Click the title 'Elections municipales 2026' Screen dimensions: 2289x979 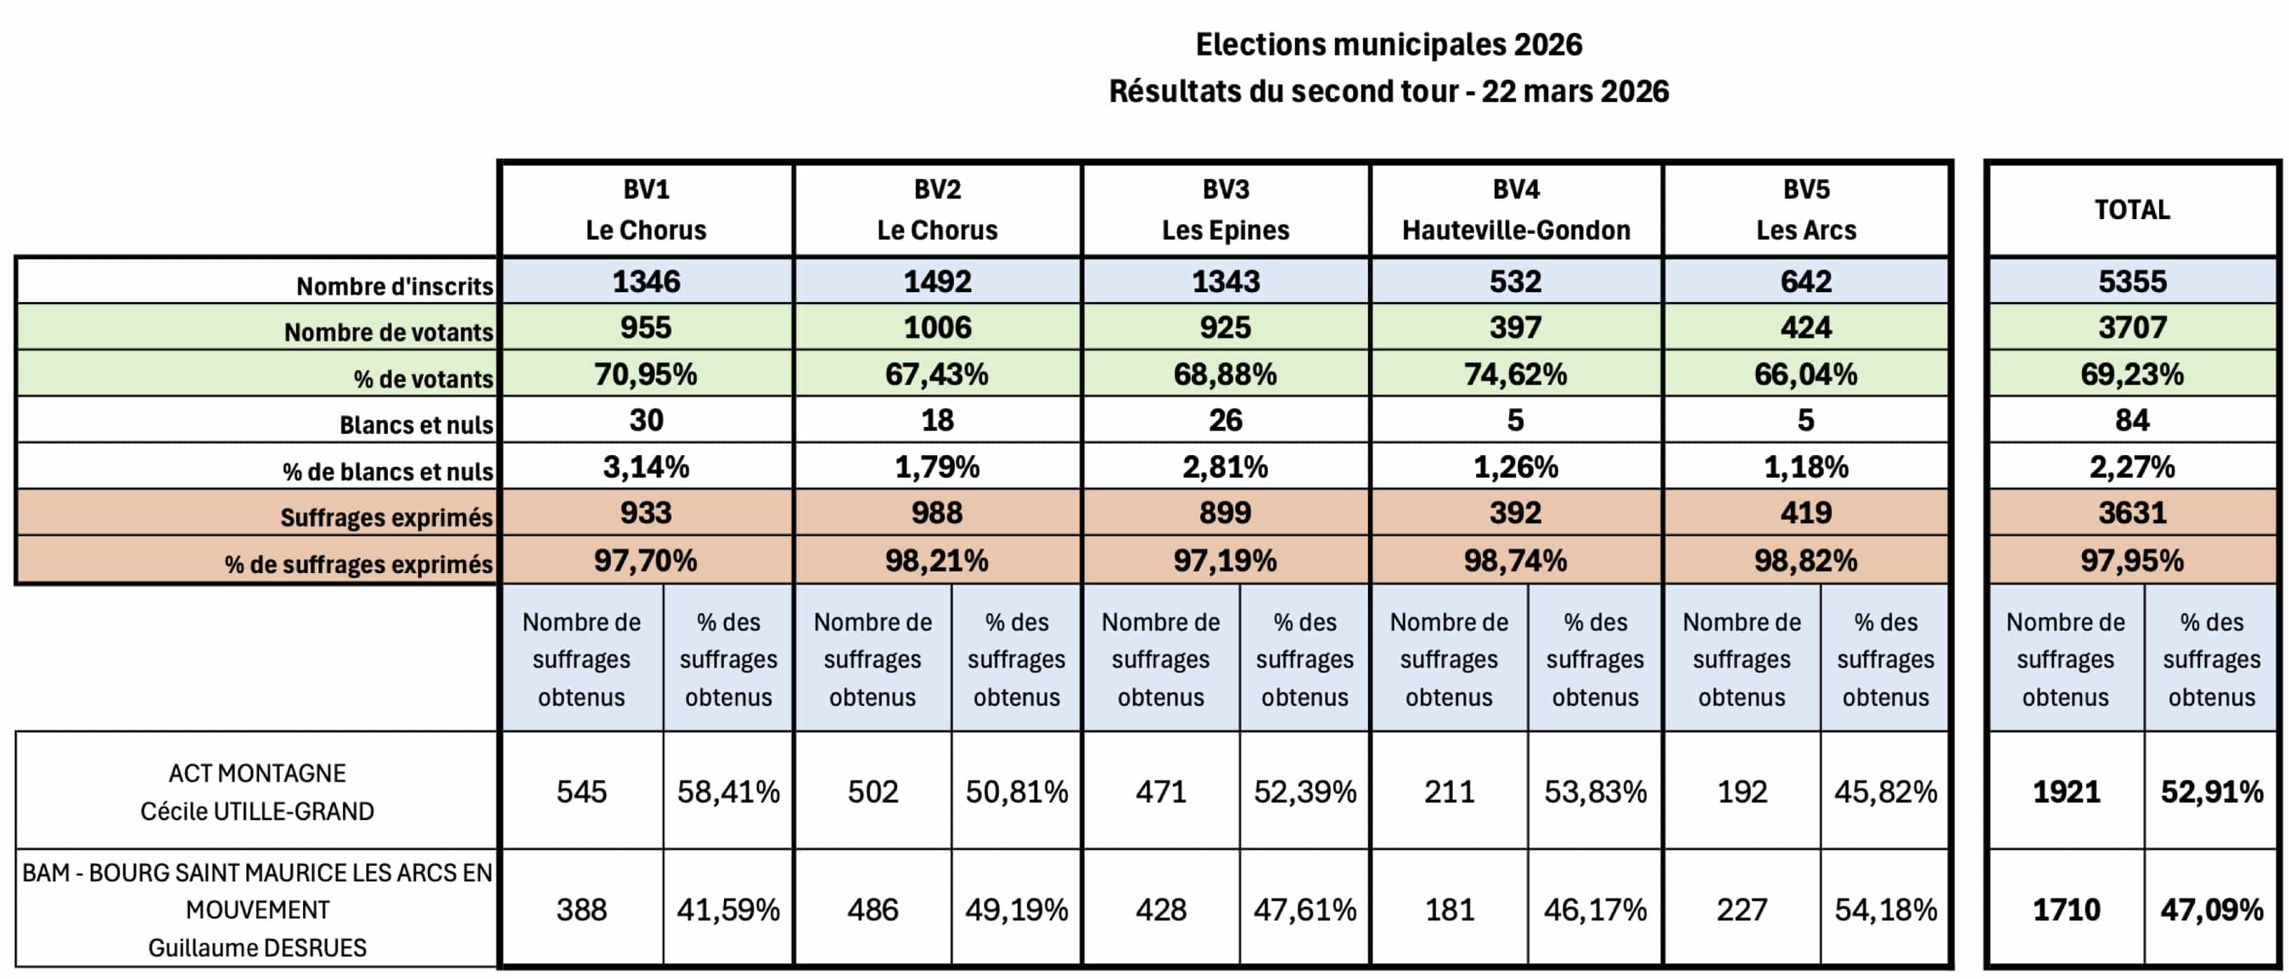pos(1388,44)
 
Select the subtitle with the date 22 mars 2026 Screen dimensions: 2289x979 pos(1388,91)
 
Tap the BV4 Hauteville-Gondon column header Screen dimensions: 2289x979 pos(1516,210)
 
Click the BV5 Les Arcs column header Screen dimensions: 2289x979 pos(1806,210)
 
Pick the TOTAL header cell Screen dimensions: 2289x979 pos(2132,210)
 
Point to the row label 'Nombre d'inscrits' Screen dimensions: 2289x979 pos(394,287)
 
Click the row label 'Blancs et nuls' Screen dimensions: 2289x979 pos(416,425)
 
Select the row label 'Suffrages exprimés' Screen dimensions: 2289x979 pos(387,518)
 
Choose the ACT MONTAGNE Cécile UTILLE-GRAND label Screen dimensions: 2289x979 pos(257,791)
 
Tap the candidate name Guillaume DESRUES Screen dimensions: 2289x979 pos(257,948)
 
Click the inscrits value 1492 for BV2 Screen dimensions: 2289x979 pos(937,282)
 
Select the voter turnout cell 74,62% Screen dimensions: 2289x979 pos(1516,374)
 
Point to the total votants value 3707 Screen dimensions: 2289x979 pos(2132,328)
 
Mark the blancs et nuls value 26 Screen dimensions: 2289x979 pos(1226,421)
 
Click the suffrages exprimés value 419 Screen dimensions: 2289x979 pos(1806,513)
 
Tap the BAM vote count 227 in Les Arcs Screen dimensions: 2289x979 pos(1742,909)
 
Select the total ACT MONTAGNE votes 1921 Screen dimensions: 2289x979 pos(2066,791)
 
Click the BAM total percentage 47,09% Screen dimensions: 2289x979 pos(2212,909)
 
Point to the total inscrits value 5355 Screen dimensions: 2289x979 pos(2132,282)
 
